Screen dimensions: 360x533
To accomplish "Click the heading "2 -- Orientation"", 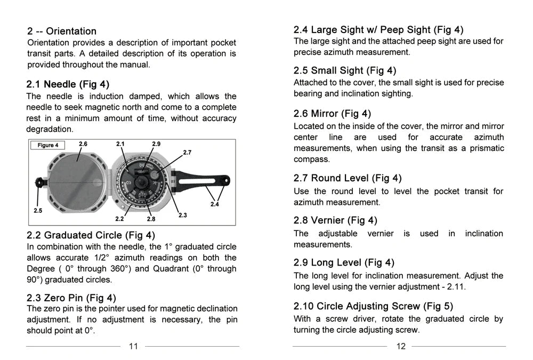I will click(62, 31).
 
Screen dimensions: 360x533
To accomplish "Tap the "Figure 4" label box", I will click(48, 145).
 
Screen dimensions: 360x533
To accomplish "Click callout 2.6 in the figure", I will click(83, 144).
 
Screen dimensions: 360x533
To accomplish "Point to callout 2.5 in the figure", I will click(38, 211).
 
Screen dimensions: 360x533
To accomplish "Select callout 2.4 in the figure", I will click(215, 204).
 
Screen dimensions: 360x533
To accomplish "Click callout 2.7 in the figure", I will click(187, 153).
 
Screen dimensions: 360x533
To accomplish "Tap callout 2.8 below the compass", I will click(151, 219).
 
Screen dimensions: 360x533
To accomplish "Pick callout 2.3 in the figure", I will click(182, 215).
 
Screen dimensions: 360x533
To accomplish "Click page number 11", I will click(133, 346).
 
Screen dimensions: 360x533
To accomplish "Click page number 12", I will click(401, 346).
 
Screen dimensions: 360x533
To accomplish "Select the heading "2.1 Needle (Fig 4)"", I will click(68, 84).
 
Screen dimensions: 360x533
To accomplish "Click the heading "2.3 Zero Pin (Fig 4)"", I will click(71, 298).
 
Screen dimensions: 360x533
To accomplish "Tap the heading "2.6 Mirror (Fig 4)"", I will click(332, 114).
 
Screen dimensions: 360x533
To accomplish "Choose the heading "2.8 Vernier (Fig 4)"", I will click(335, 220).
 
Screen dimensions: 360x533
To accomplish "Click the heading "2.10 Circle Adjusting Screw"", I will click(373, 306).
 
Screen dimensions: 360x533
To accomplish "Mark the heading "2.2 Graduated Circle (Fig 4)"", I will click(91, 235).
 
